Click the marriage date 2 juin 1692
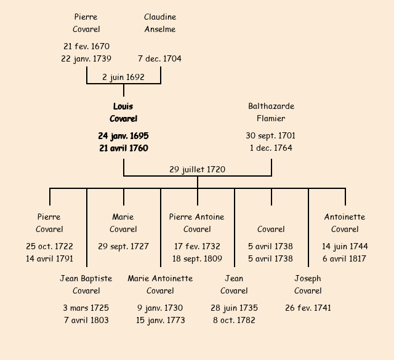tap(123, 78)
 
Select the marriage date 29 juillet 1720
tap(197, 170)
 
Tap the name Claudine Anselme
tap(160, 23)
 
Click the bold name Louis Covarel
tap(123, 113)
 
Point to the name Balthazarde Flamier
tap(271, 113)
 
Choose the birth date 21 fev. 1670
tap(86, 47)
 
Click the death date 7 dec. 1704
tap(159, 59)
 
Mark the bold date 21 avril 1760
tap(123, 148)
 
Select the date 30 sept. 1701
tap(271, 136)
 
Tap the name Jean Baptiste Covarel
tap(86, 285)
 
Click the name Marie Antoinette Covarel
tap(160, 285)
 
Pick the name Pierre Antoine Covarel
tap(197, 223)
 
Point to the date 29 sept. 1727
tap(123, 247)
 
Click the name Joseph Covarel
tap(308, 285)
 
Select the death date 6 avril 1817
tap(345, 259)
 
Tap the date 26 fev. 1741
tap(308, 308)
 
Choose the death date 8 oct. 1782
tap(234, 321)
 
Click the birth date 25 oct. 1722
tap(49, 247)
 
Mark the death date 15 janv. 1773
tap(160, 321)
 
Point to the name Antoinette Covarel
tap(345, 223)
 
